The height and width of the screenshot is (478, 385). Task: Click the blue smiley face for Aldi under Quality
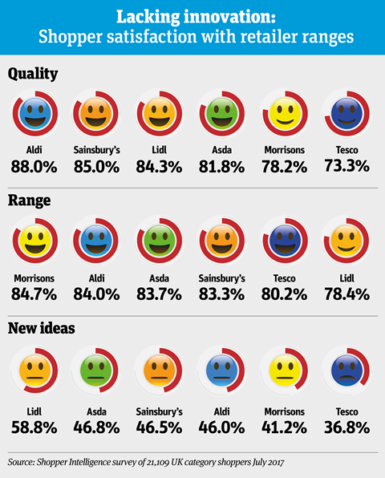35,113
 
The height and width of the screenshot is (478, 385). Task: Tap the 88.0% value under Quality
34,167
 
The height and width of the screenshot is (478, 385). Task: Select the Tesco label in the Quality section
346,150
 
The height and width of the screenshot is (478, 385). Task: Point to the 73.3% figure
346,166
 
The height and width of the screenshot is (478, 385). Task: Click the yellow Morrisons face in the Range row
35,241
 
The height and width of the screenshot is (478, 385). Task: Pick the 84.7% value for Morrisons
34,294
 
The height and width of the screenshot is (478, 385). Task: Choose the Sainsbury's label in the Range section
222,278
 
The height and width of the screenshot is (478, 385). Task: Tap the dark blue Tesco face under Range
285,241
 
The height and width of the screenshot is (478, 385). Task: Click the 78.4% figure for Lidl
346,294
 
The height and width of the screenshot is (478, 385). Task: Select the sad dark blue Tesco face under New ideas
346,371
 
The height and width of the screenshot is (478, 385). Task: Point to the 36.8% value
346,427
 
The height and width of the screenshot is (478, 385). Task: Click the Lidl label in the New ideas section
34,412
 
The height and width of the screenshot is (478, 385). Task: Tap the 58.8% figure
34,427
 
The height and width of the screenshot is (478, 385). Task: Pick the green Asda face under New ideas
96,371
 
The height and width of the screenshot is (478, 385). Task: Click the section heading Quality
33,74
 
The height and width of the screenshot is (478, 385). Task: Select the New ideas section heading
42,328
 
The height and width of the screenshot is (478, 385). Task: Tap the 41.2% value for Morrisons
285,427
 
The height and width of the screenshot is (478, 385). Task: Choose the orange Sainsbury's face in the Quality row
96,113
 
